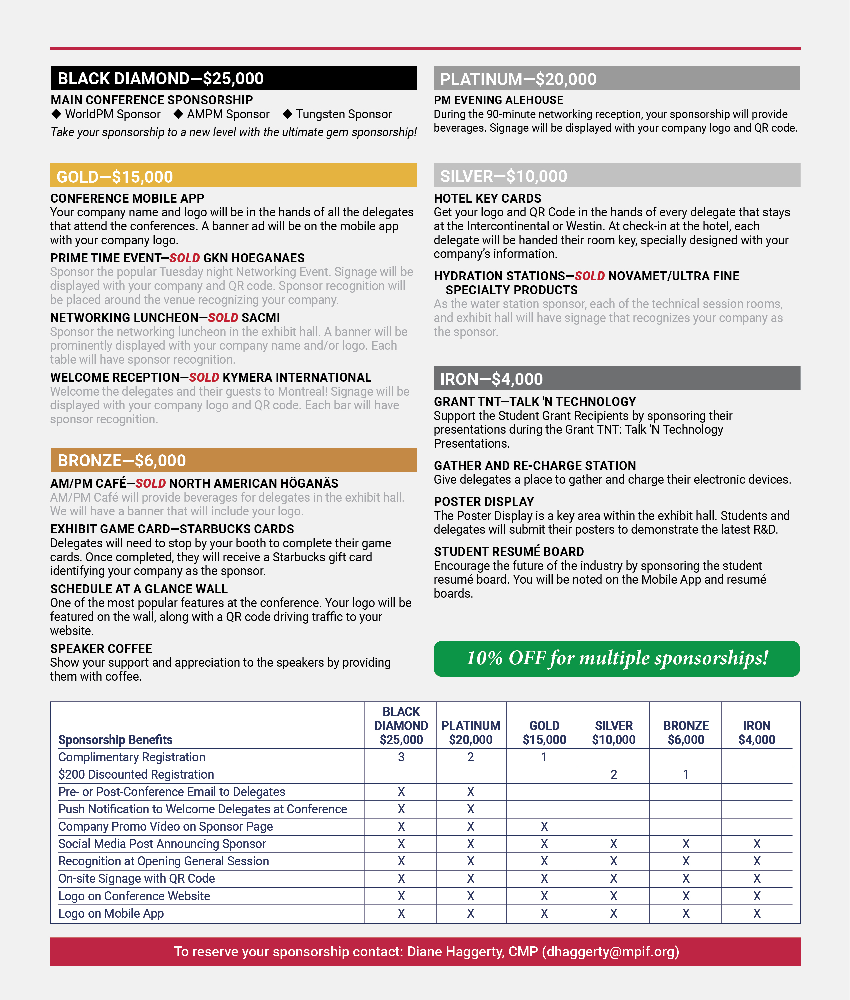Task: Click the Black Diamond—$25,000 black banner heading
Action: (234, 78)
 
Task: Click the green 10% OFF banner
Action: (616, 658)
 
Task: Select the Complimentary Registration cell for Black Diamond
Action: (401, 757)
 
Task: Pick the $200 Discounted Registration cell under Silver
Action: (613, 774)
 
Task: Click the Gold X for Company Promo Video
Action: (544, 827)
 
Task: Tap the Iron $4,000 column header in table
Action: (757, 733)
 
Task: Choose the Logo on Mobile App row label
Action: (111, 913)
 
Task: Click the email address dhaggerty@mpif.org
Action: (611, 952)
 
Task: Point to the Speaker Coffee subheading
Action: (101, 649)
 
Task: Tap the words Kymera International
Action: (297, 377)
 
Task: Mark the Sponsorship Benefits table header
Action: (115, 740)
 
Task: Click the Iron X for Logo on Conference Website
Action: (757, 896)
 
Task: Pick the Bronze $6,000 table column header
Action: (686, 733)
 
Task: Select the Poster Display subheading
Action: (484, 502)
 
